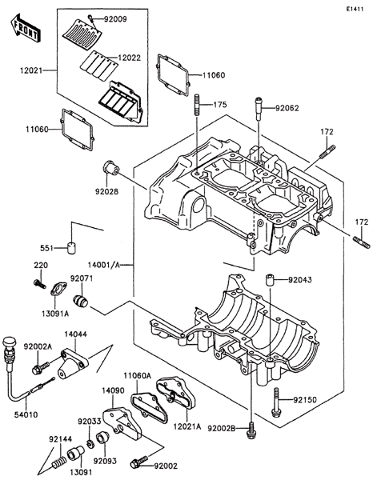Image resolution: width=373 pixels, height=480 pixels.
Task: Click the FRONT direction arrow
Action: point(24,27)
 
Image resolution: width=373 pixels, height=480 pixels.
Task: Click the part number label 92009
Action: point(114,19)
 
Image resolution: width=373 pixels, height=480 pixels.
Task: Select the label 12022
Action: point(130,58)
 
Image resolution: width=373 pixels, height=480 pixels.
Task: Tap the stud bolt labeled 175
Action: point(197,105)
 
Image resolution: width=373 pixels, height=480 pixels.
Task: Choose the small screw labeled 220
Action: point(39,284)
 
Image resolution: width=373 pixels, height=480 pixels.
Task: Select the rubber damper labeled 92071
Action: point(81,300)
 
